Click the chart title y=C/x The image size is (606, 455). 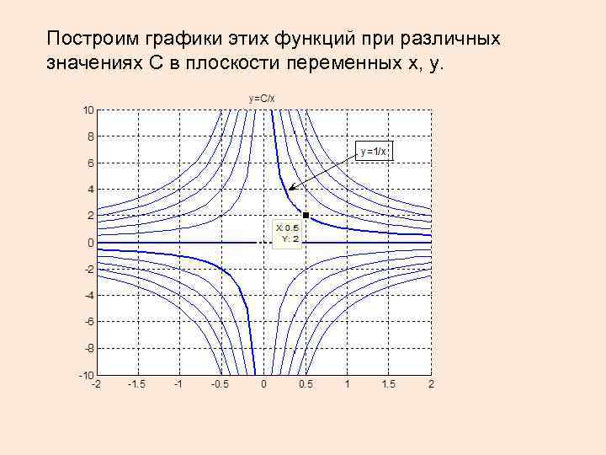click(x=262, y=99)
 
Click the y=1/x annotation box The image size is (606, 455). click(x=374, y=151)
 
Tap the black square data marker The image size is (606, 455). click(x=306, y=216)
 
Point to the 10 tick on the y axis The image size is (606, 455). click(x=88, y=110)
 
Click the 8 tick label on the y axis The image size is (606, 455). click(x=89, y=136)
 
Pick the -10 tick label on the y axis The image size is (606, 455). click(x=87, y=374)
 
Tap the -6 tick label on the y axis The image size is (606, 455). click(x=88, y=321)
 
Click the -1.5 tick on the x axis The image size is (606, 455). click(x=136, y=384)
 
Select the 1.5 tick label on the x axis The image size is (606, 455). click(x=389, y=384)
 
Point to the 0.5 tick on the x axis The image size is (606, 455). click(x=306, y=384)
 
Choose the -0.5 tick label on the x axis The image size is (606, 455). click(x=220, y=384)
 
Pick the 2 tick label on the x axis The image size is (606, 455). click(x=430, y=384)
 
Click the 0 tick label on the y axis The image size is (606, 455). click(x=89, y=243)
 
